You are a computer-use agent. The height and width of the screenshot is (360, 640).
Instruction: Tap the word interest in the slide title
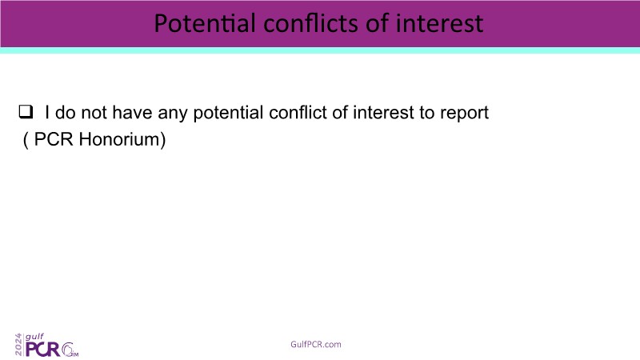point(440,23)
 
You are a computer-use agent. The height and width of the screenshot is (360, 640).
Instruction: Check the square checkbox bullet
point(26,111)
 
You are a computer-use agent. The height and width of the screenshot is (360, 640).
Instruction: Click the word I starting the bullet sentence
point(47,112)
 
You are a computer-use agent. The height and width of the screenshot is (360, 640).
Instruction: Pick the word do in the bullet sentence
point(66,112)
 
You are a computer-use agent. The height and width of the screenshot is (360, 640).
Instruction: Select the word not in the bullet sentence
point(94,113)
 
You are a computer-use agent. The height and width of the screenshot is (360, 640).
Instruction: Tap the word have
point(132,112)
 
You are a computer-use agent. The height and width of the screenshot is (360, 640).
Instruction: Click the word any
point(173,114)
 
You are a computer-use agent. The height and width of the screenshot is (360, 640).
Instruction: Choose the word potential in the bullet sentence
point(228,113)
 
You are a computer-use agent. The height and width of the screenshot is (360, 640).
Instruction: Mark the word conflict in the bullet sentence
point(298,112)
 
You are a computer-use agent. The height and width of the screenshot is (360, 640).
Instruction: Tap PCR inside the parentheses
point(54,139)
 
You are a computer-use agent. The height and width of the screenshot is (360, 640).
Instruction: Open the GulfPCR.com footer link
point(316,344)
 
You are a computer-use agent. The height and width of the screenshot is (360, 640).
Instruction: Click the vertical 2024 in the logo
point(18,345)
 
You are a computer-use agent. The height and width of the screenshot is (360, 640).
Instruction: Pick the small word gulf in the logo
point(34,337)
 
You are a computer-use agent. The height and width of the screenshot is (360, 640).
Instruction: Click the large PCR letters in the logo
point(43,349)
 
